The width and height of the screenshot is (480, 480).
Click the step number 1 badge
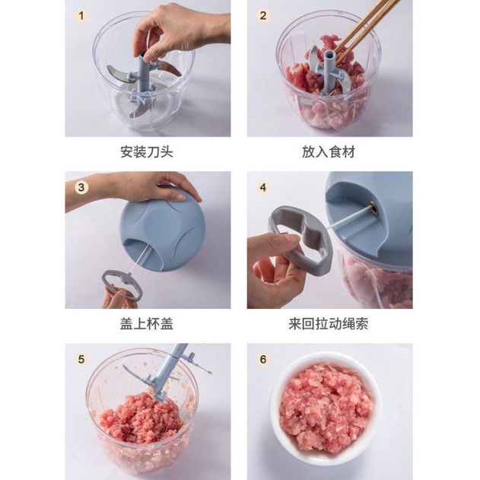[81, 16]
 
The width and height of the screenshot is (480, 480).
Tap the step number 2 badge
[263, 16]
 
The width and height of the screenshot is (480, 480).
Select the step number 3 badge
[81, 187]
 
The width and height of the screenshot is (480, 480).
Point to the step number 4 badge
[263, 187]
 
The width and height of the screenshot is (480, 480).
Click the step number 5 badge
[81, 359]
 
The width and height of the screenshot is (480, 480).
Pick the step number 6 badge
[263, 359]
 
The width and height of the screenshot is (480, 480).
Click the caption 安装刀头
[147, 152]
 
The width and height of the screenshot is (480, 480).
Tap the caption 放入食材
[329, 152]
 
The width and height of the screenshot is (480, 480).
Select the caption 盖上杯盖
[147, 324]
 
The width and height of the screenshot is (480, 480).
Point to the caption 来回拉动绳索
[329, 324]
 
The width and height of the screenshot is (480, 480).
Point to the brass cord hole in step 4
[374, 208]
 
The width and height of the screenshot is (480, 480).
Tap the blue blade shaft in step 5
[170, 370]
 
